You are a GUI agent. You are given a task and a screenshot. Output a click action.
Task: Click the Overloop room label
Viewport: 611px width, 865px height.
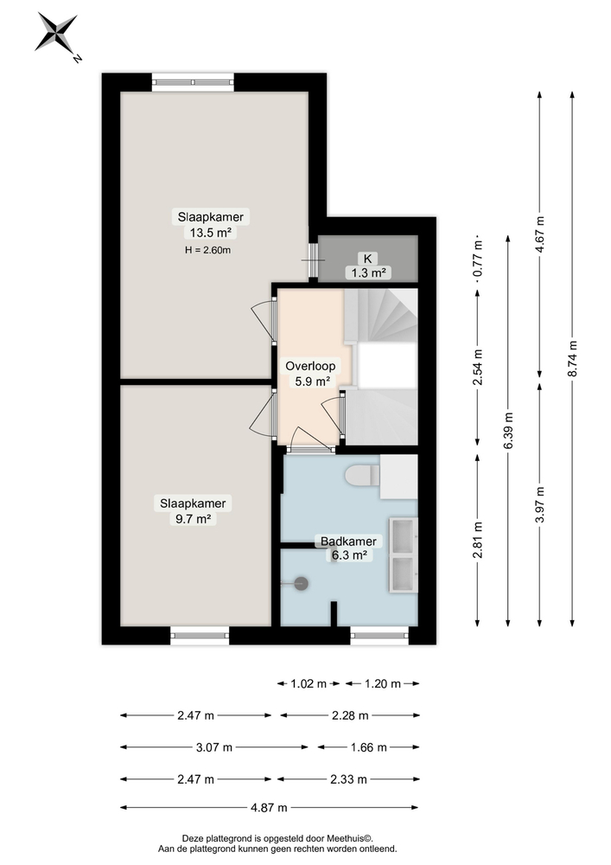(309, 366)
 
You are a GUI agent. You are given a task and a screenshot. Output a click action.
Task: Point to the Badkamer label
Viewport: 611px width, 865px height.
(348, 541)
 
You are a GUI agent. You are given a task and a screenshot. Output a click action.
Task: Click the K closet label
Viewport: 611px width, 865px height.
(366, 258)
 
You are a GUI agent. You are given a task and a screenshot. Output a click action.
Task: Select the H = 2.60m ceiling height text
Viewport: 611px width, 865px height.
(208, 250)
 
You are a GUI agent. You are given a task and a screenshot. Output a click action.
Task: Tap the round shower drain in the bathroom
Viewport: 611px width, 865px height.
(301, 584)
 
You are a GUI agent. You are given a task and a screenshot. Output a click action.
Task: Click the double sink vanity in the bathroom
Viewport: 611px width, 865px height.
(403, 554)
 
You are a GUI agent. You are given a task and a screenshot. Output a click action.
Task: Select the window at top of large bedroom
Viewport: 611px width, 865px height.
(193, 82)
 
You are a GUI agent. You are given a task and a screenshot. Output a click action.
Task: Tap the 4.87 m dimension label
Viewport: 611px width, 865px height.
(269, 808)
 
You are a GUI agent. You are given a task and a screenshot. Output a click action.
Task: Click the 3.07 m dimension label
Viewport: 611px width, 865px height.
(213, 746)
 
